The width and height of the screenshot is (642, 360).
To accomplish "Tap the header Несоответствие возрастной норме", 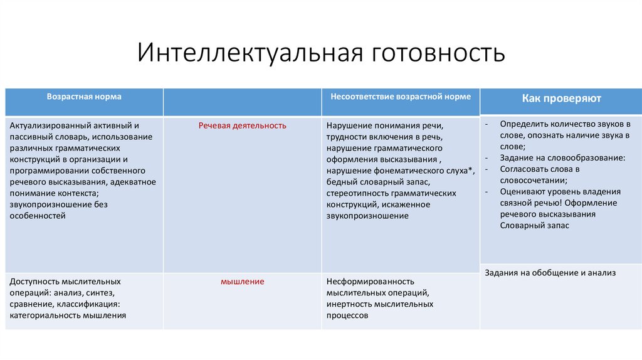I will coord(401,97).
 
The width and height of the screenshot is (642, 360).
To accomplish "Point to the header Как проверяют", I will coord(561,98).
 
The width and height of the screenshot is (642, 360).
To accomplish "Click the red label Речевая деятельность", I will coord(243,125).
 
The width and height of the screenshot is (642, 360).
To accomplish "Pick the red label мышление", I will coord(243,282).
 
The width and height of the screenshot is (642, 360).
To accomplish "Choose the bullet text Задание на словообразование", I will coord(562,158).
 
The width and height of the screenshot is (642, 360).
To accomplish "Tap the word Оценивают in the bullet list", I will coord(522,192).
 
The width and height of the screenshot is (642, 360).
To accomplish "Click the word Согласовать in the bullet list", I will coord(524,169).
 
